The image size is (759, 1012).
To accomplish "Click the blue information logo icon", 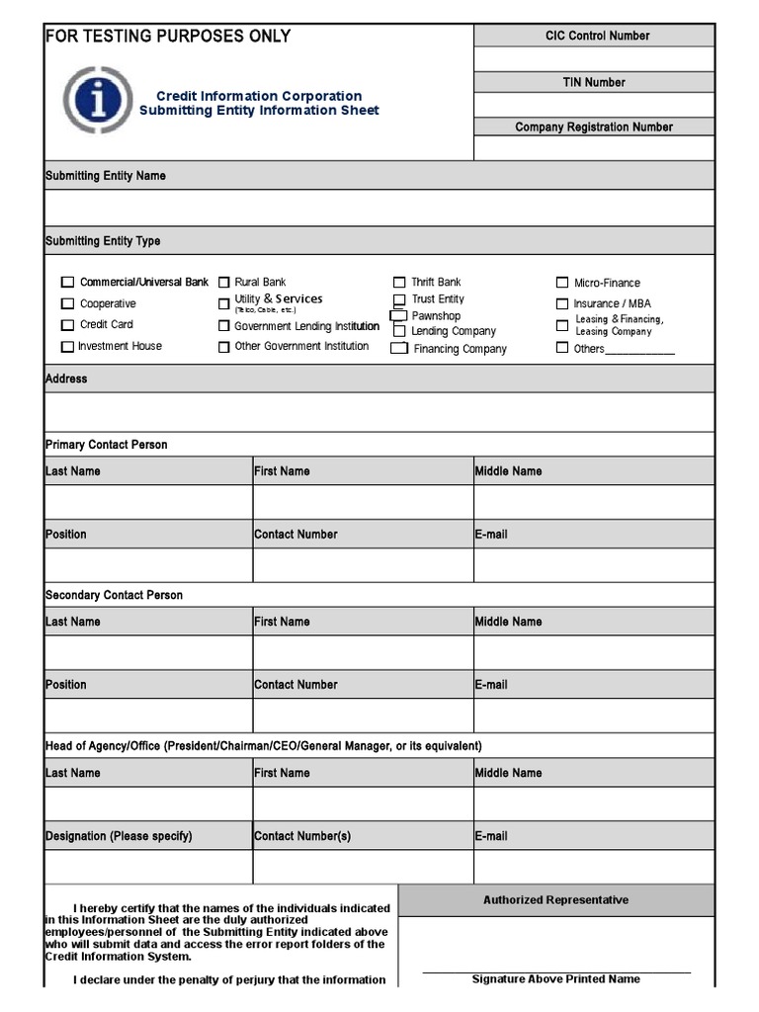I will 97,101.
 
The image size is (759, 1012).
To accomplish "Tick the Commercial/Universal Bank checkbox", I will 68,283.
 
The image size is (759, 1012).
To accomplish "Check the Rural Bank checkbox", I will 224,283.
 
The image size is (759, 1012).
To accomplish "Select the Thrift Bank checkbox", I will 399,283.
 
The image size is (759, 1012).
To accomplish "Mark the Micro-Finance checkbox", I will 562,283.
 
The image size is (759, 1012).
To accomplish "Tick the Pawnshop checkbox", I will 399,315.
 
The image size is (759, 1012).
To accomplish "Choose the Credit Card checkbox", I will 68,325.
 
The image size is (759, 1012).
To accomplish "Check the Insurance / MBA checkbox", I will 562,304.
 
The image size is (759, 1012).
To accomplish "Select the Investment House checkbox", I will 68,347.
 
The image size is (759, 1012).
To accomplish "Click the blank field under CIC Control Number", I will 593,58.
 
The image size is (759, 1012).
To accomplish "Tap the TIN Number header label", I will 593,82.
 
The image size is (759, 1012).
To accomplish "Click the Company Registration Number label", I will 593,126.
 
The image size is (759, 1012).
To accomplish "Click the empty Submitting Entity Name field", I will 379,208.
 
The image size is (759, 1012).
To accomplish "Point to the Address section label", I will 66,379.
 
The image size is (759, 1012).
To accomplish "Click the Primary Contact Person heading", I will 107,445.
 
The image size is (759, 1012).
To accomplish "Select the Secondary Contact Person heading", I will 114,595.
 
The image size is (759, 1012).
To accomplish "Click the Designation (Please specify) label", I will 119,836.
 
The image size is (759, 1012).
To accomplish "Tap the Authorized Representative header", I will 555,900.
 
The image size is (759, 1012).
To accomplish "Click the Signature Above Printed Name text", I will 555,979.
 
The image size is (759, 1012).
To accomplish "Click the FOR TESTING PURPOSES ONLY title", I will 168,37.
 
